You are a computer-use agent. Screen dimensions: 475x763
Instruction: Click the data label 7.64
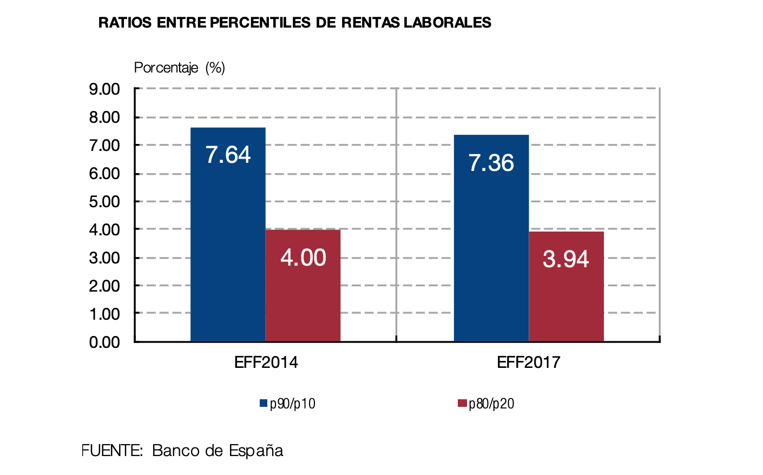[228, 155]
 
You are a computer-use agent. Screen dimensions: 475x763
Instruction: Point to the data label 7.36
[491, 163]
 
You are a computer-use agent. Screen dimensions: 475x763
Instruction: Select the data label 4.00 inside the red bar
[303, 258]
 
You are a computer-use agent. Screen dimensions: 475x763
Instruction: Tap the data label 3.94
[566, 259]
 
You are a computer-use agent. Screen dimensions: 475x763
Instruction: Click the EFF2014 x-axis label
[266, 362]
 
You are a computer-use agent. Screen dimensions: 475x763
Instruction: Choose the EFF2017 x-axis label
[529, 362]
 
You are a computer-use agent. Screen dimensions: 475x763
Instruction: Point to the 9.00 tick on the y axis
[104, 89]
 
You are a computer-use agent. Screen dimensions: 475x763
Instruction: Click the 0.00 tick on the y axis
[104, 342]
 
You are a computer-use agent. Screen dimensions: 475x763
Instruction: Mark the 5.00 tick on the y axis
[104, 202]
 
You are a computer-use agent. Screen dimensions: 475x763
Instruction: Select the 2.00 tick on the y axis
[104, 286]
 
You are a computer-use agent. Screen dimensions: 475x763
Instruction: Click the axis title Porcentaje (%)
[179, 68]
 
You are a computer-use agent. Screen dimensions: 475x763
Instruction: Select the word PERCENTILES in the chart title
[260, 23]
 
